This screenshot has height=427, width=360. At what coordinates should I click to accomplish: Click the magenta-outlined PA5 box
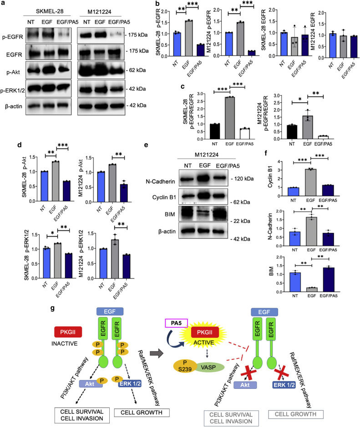click(176, 323)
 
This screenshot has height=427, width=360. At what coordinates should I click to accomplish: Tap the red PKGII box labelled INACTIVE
click(68, 332)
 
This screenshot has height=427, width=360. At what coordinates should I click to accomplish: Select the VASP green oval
click(208, 367)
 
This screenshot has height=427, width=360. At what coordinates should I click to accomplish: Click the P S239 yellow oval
click(185, 366)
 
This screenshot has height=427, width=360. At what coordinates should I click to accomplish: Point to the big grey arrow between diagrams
click(157, 354)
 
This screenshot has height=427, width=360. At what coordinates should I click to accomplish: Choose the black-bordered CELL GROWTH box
click(142, 412)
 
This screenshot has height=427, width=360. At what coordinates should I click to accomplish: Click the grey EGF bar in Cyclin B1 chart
click(310, 182)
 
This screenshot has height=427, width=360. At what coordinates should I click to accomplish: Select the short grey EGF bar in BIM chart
click(311, 290)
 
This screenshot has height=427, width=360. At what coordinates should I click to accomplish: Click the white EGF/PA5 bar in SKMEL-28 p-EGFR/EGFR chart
click(244, 133)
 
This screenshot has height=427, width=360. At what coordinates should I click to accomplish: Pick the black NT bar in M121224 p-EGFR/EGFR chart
click(292, 132)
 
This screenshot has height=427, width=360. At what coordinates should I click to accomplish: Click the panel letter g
click(52, 308)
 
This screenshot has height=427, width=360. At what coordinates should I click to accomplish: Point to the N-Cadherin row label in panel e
click(160, 181)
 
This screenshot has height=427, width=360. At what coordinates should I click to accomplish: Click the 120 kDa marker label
click(244, 179)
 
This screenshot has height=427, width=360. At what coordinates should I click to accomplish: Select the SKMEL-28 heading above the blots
click(50, 11)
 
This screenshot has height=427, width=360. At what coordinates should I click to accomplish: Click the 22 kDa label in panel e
click(242, 221)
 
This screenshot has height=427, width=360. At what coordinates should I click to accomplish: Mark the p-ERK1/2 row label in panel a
click(13, 90)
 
